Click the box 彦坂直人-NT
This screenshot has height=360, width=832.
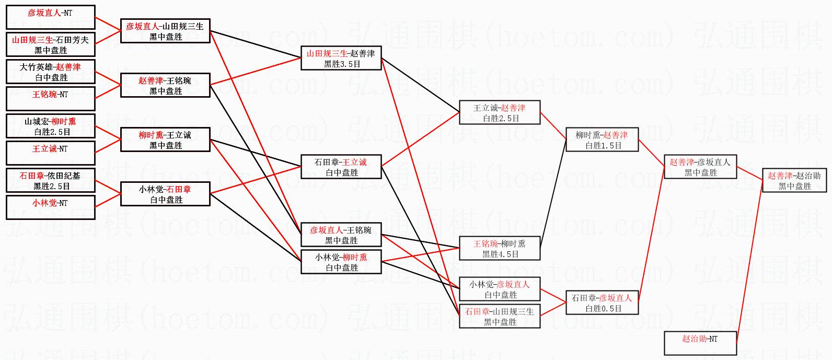[50, 17]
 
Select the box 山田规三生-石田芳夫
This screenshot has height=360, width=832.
[50, 44]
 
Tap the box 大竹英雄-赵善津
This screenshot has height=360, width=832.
[50, 72]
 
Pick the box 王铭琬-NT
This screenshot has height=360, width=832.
[50, 99]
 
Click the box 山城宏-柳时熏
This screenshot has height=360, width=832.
[50, 126]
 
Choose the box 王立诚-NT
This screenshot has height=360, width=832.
[50, 153]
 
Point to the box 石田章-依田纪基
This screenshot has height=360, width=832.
[50, 180]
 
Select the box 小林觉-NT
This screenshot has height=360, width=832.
[50, 207]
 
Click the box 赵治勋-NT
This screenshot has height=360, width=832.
[700, 343]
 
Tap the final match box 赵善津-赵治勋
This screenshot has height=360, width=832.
[794, 180]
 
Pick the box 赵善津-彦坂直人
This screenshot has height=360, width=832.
[700, 167]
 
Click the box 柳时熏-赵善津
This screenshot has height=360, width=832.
[602, 140]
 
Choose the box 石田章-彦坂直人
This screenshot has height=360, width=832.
[602, 303]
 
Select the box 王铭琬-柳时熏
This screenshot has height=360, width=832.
[499, 248]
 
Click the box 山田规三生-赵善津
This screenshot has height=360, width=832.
[341, 58]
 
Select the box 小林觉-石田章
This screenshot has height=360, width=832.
[165, 194]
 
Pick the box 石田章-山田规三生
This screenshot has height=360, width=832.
[499, 316]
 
